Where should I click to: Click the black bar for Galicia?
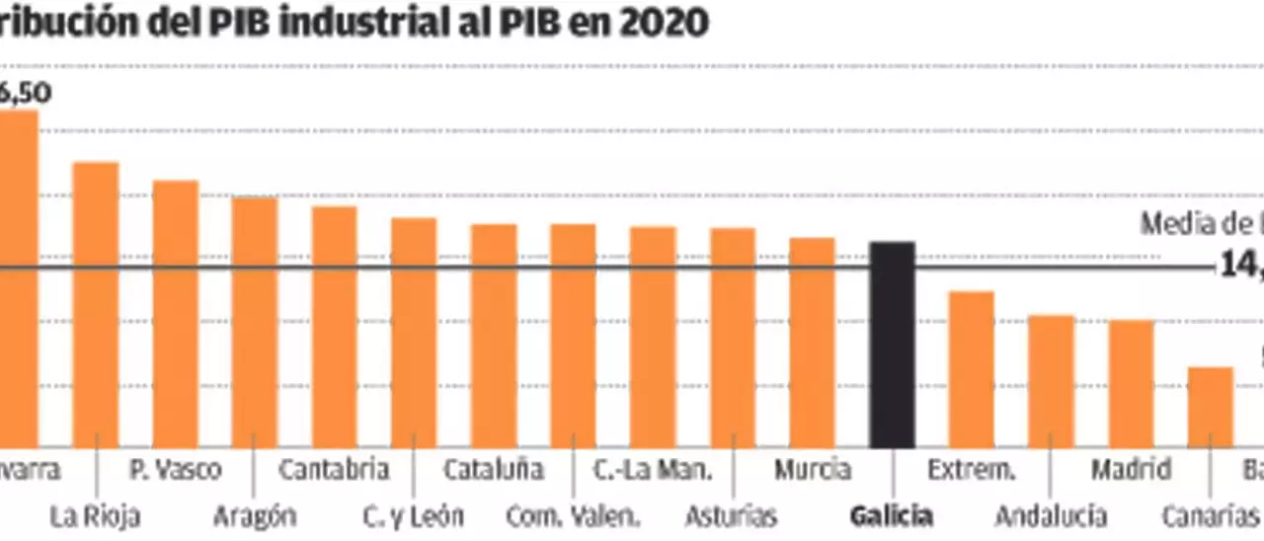892,345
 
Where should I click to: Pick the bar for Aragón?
255,322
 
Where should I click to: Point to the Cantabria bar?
334,327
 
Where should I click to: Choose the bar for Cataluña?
494,336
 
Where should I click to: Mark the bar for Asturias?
733,338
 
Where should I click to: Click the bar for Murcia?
813,343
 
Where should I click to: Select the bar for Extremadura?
972,369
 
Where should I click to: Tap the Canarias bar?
1210,407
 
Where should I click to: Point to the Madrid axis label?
1131,469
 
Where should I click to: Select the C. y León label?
413,515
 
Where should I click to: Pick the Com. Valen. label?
573,515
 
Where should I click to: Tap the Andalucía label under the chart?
1051,515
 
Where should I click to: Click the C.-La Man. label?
653,469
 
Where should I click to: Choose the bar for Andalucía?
1051,381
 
